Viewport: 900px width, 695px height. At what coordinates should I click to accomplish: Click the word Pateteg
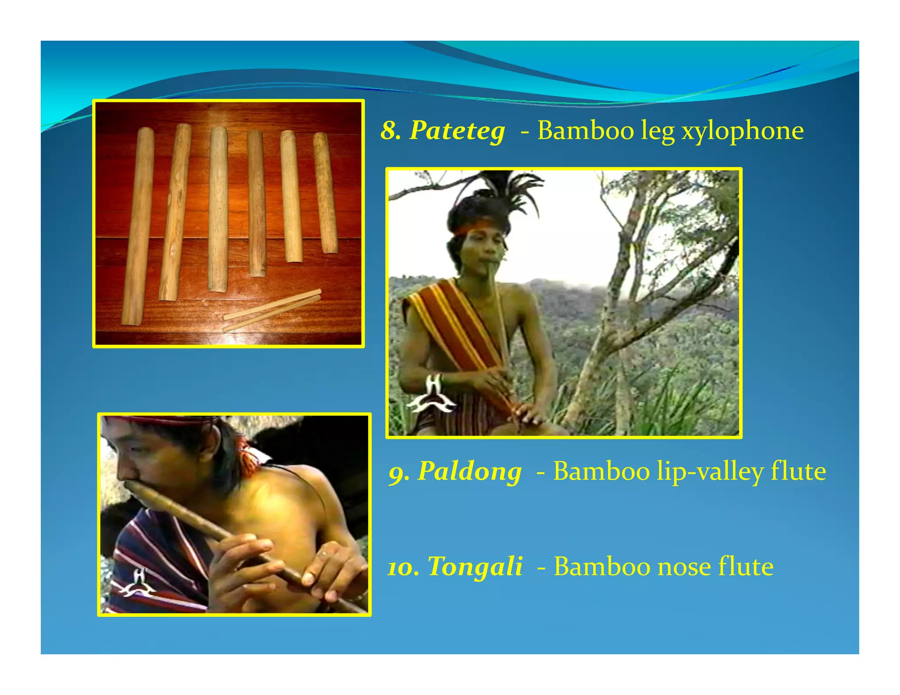click(457, 131)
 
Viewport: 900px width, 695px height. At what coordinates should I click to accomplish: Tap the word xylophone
click(742, 131)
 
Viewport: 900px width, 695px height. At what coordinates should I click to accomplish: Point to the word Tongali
click(475, 566)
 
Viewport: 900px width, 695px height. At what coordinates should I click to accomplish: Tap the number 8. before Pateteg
click(391, 131)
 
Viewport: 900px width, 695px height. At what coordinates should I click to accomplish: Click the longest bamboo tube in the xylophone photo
click(138, 226)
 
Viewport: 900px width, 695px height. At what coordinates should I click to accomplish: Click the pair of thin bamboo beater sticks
click(272, 310)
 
